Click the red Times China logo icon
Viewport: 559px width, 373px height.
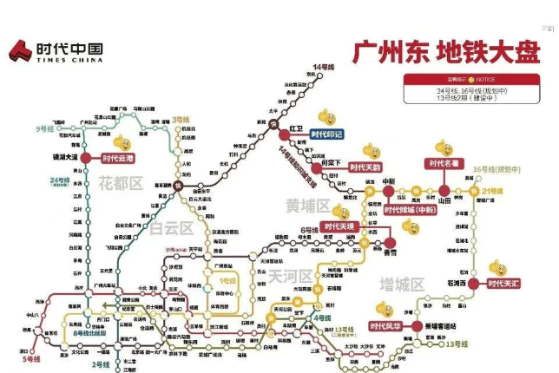22,51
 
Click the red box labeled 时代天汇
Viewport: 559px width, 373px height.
507,284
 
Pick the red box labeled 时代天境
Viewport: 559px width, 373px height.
338,226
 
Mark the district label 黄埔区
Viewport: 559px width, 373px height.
307,206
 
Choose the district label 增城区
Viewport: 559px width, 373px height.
401,285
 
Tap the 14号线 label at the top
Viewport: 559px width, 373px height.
323,67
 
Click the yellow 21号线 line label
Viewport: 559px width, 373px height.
492,191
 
